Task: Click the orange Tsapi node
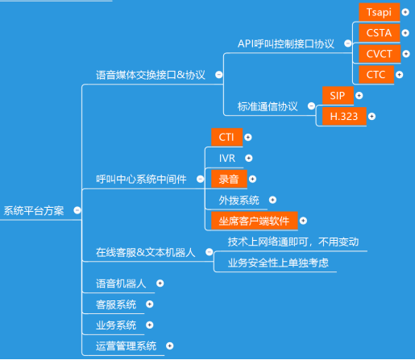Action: point(380,12)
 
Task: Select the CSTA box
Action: point(380,33)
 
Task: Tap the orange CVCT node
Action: point(380,54)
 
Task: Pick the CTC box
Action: point(376,75)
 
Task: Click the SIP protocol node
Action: point(338,96)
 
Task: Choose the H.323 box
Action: point(344,117)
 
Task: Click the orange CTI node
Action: point(226,137)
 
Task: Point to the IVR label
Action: point(227,159)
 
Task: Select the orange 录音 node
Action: point(229,179)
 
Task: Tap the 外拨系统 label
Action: point(239,201)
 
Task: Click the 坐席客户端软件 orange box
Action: point(255,221)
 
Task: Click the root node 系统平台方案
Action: point(34,211)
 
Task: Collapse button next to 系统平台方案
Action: point(77,210)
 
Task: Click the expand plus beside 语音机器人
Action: point(160,283)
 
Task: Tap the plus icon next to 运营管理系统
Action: point(169,346)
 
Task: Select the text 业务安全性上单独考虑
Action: point(278,263)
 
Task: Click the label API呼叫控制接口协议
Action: point(286,43)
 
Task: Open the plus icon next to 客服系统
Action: point(150,304)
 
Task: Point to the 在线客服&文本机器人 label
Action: point(145,252)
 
